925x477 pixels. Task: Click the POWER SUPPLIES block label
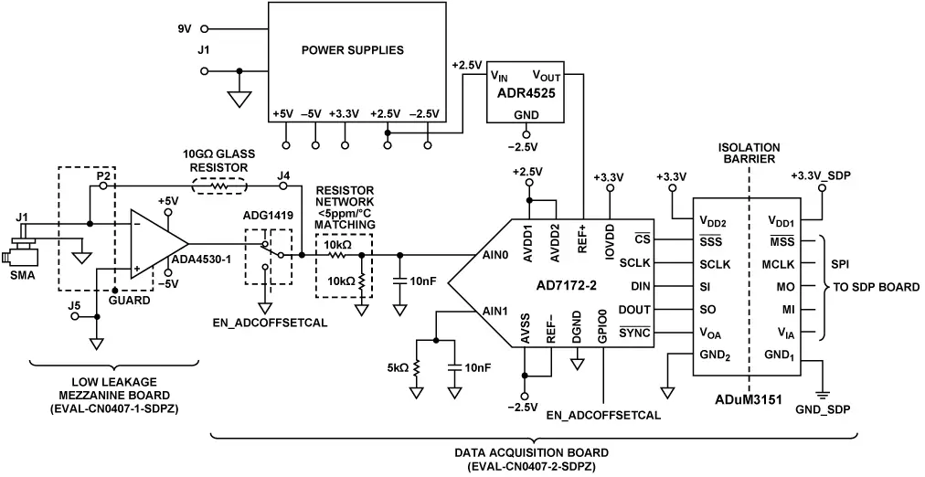point(353,49)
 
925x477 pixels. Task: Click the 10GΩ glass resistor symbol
point(218,185)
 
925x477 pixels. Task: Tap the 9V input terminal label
point(185,29)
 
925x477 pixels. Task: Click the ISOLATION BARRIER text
point(750,152)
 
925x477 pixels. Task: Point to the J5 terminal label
point(75,305)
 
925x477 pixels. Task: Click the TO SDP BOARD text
point(875,286)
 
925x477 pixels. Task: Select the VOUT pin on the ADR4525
point(547,77)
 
